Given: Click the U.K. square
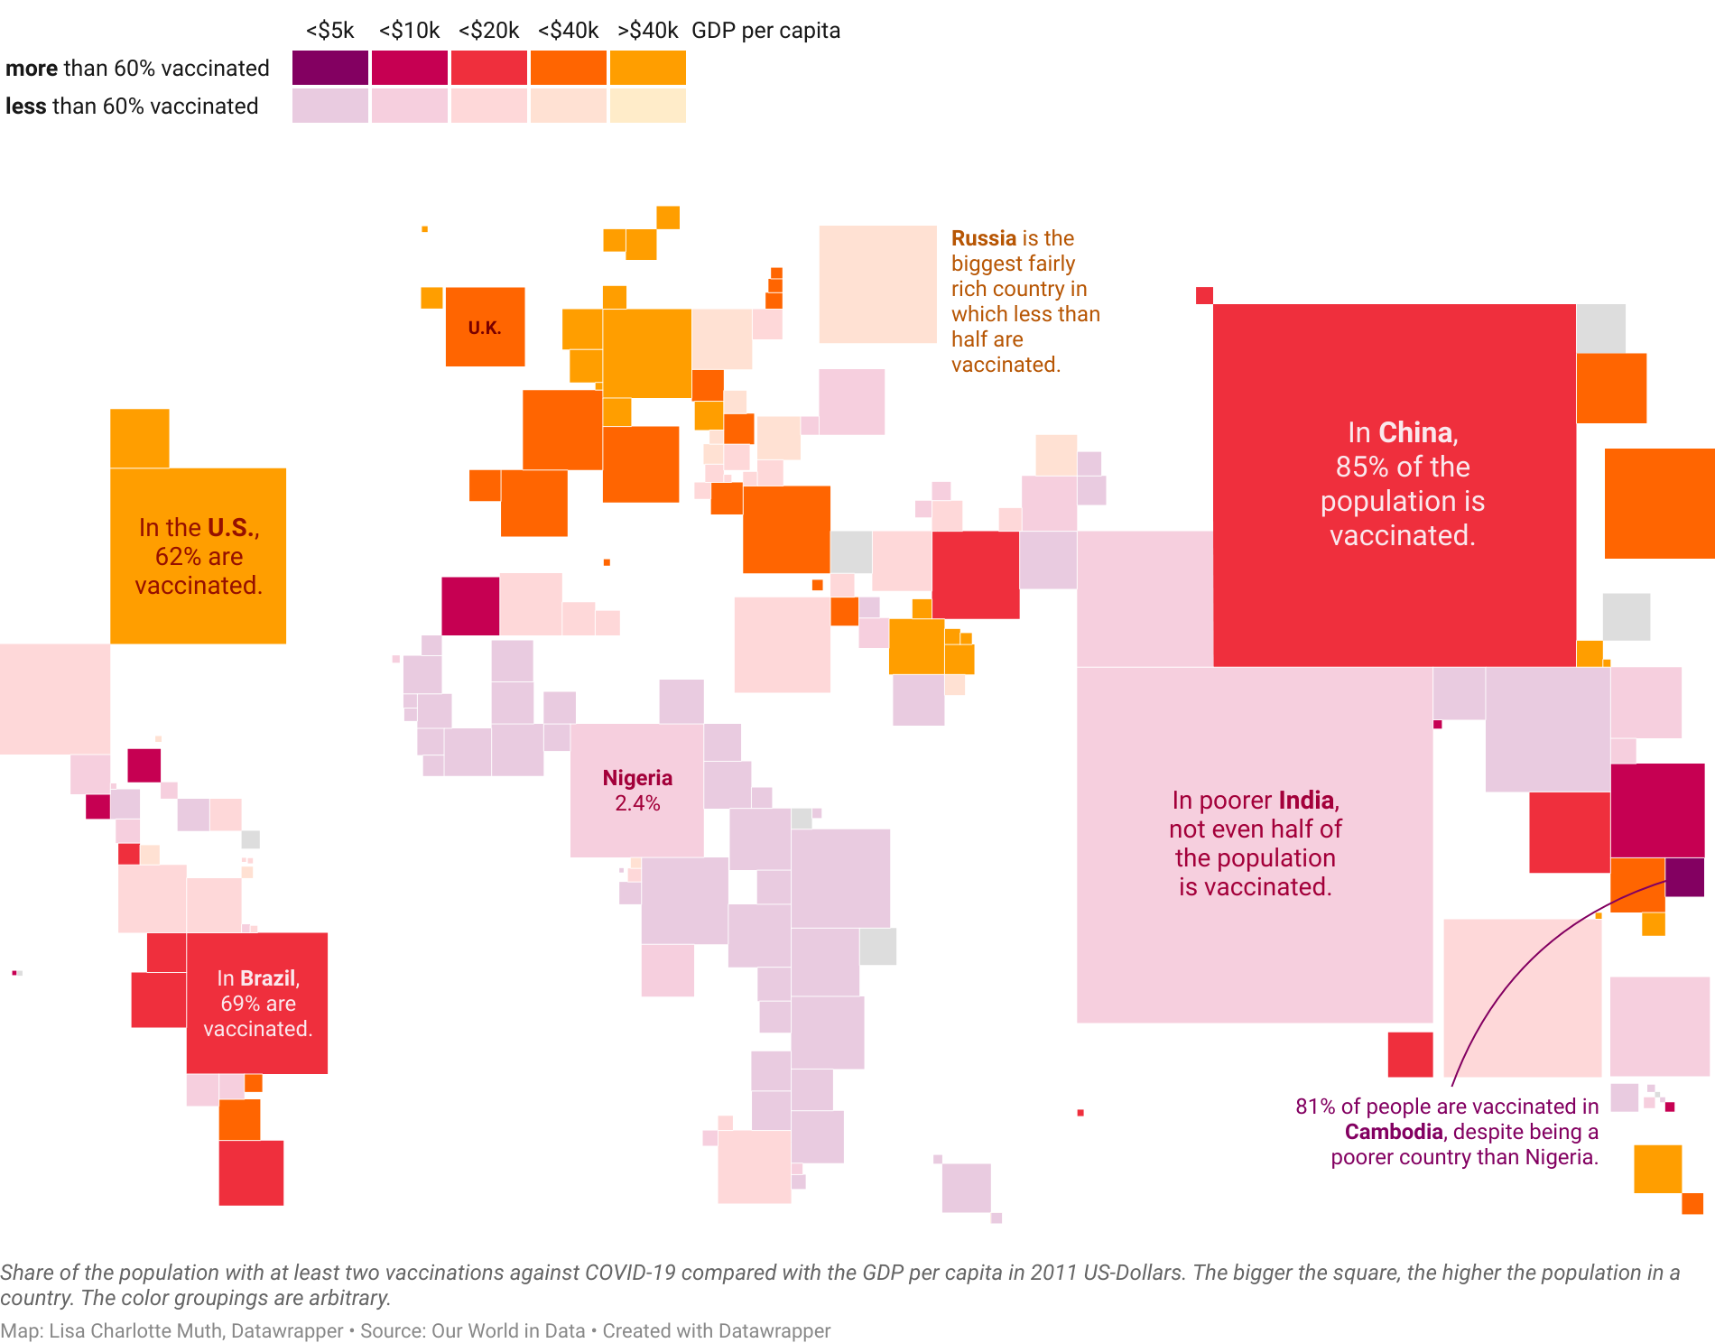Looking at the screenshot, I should [x=485, y=327].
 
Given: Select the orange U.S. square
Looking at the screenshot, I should [x=198, y=555].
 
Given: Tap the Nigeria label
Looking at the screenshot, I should [x=637, y=778].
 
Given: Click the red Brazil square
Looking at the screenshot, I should [x=257, y=1003].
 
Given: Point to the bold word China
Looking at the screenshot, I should [x=1415, y=432].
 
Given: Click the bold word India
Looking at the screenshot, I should [x=1306, y=801].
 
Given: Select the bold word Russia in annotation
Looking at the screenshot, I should [x=984, y=238].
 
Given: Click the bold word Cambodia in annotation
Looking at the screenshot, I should [x=1394, y=1132].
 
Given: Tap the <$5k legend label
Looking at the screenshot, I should [x=330, y=31].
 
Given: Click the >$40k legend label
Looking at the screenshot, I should [x=647, y=31].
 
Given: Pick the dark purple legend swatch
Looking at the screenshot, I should [x=330, y=68].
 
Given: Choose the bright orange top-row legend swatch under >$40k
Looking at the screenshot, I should [x=647, y=68].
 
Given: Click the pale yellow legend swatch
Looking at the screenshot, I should [x=647, y=106].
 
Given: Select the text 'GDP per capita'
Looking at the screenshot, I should [x=765, y=31].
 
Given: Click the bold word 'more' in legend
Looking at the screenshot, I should [x=32, y=69].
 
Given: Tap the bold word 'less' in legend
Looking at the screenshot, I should [x=26, y=107].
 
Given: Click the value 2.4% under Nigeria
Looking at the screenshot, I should [x=637, y=803].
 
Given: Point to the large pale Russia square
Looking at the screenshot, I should [x=877, y=284].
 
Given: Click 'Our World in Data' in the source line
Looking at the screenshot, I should [x=508, y=1330].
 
